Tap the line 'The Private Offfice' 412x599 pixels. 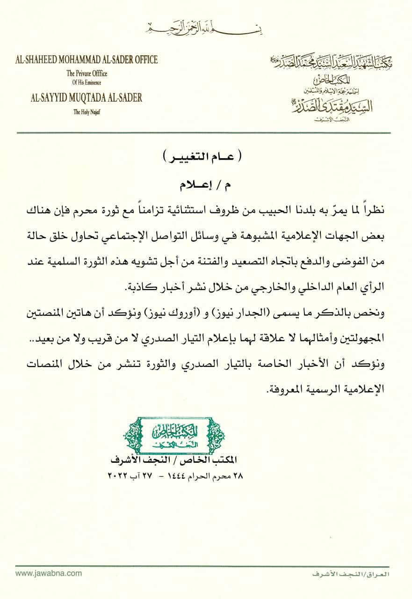[x=87, y=73]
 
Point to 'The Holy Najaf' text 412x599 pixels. [x=87, y=111]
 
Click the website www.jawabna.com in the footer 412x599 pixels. [x=45, y=573]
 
